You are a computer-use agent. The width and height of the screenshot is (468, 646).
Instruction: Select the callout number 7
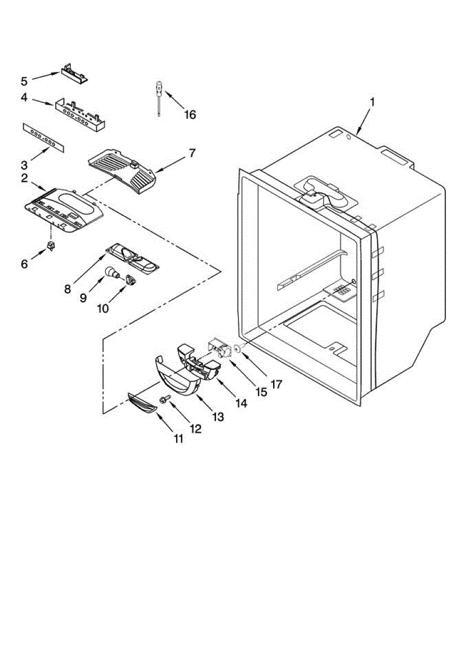[x=192, y=154]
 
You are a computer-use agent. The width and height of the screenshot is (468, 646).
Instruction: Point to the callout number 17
[x=276, y=385]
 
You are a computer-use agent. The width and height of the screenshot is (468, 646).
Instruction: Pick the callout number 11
[x=178, y=439]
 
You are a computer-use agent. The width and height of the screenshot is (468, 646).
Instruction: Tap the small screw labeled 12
[x=164, y=399]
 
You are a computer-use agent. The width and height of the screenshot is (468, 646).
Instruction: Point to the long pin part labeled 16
[x=159, y=97]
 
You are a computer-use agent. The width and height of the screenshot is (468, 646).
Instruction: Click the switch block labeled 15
[x=219, y=350]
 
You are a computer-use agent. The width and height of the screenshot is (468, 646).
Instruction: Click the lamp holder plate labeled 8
[x=132, y=257]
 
